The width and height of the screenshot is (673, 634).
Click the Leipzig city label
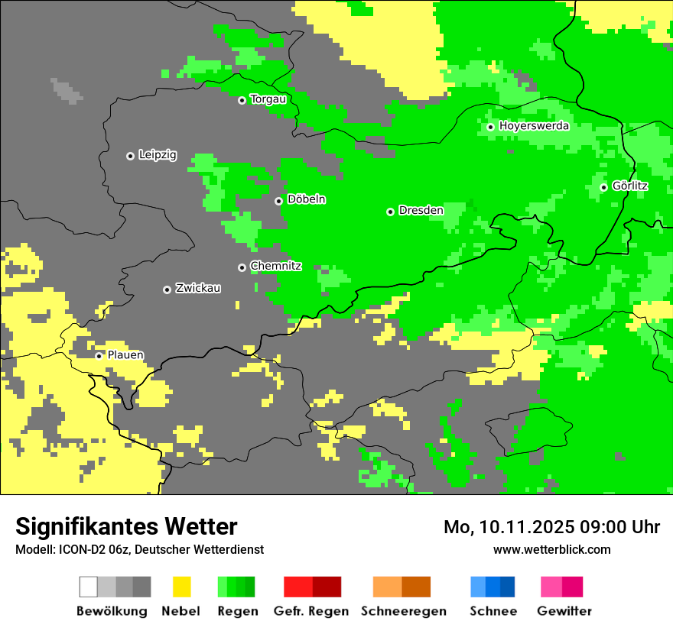click(158, 155)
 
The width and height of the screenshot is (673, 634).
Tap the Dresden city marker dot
click(390, 212)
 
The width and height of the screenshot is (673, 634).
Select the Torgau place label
click(268, 99)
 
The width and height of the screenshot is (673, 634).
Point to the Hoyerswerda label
click(534, 126)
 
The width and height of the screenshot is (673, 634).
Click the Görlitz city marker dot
click(603, 187)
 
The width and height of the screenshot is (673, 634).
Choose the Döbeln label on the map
click(306, 199)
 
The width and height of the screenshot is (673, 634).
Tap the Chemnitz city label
click(275, 266)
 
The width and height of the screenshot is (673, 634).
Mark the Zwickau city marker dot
click(167, 290)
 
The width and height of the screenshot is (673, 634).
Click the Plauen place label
click(125, 355)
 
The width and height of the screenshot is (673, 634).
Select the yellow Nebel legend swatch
click(181, 587)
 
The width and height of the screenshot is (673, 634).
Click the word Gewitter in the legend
click(564, 611)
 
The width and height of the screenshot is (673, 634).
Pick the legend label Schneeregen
click(404, 611)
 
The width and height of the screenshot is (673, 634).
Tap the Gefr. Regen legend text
click(311, 611)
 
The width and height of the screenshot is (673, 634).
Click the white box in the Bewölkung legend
click(89, 587)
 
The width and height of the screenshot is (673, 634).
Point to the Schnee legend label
click(493, 611)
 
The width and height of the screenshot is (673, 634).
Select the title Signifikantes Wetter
click(126, 526)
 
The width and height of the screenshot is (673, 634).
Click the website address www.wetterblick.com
click(551, 549)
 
